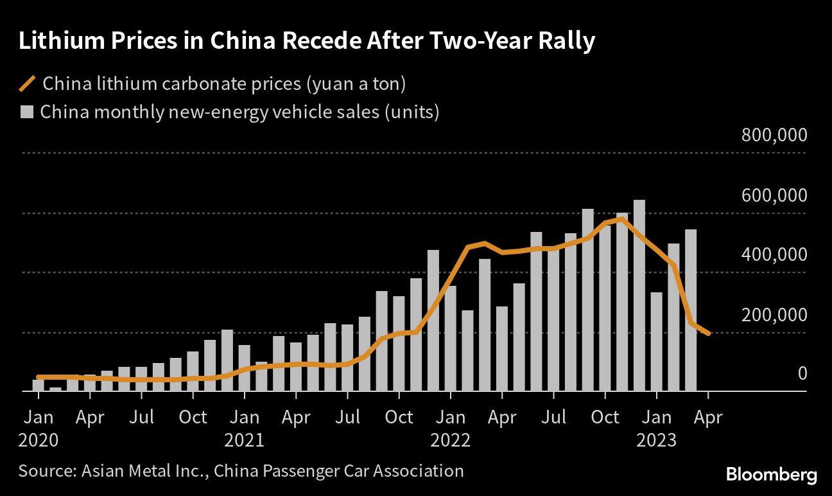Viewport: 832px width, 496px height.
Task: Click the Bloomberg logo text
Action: click(772, 475)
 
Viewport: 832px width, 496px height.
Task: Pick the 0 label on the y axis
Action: click(802, 373)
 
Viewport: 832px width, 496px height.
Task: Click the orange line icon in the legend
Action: click(28, 84)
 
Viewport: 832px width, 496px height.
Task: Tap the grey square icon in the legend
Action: click(26, 112)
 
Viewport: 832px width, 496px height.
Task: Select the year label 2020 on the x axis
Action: click(39, 440)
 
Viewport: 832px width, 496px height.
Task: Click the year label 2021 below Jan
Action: click(244, 440)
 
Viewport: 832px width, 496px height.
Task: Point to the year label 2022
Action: click(450, 440)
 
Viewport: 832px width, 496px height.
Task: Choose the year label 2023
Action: click(656, 440)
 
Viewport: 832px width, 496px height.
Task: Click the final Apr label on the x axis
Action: click(708, 417)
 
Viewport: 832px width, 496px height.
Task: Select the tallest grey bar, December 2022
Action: click(639, 296)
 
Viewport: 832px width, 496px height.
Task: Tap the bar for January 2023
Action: click(656, 342)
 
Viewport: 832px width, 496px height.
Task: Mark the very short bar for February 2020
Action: click(56, 389)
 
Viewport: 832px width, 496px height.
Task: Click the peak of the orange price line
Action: click(621, 219)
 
